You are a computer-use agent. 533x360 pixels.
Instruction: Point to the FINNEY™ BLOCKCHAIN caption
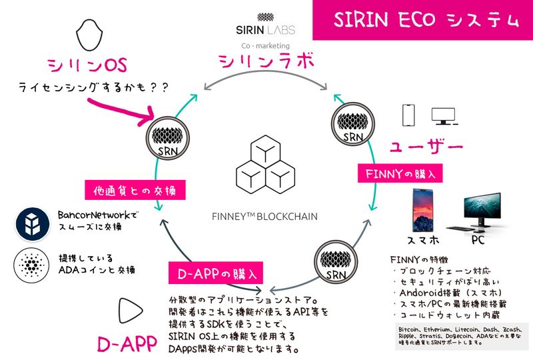click(265, 216)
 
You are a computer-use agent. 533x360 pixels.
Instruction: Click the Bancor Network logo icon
click(30, 222)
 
